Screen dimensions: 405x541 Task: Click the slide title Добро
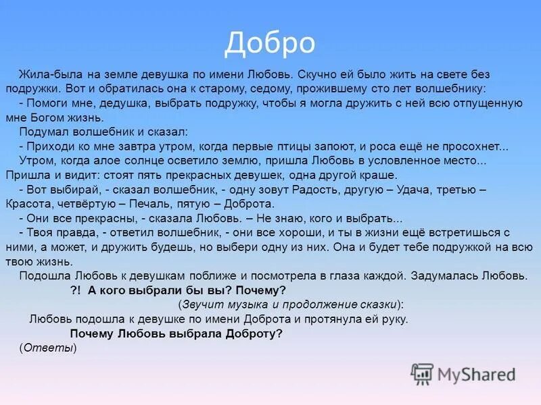pos(270,43)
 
